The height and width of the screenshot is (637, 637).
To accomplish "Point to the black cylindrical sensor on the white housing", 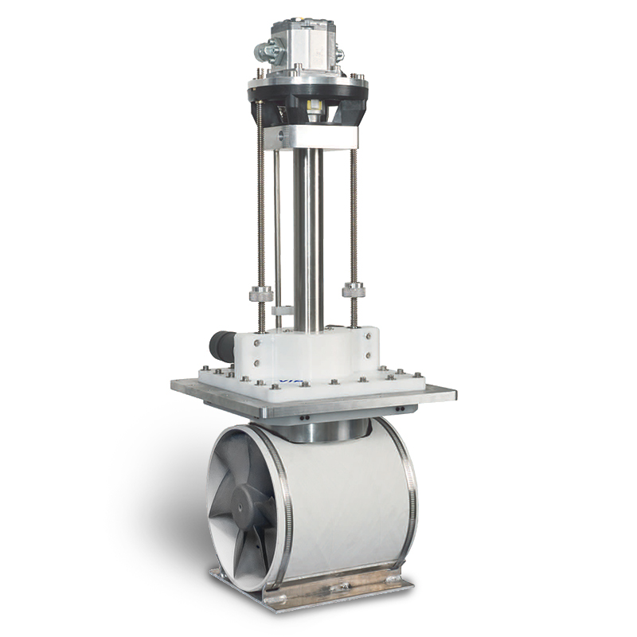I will (221, 347).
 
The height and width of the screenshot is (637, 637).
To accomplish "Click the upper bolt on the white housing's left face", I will (256, 343).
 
